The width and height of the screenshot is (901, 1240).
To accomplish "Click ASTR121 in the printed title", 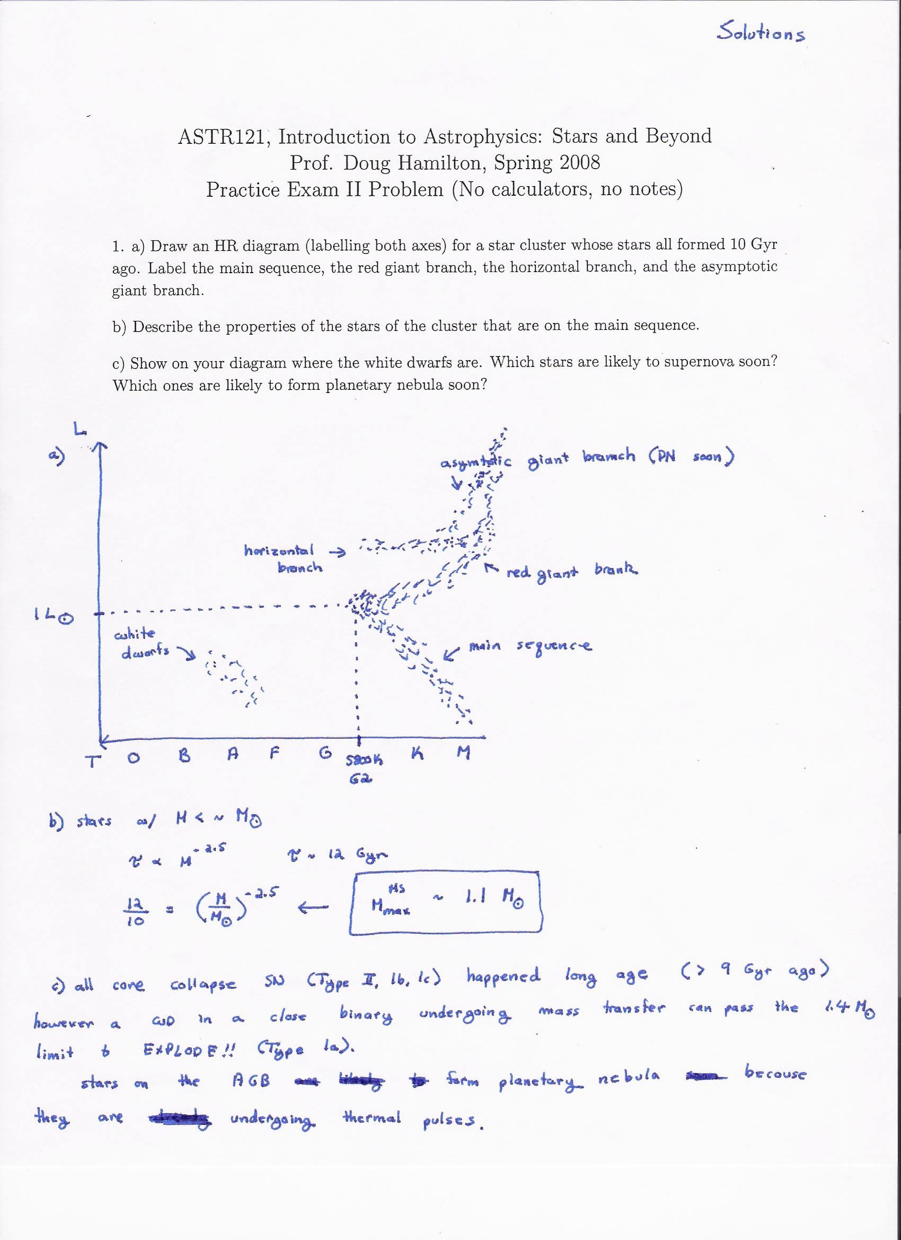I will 223,137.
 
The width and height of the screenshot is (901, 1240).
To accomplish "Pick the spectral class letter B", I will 184,756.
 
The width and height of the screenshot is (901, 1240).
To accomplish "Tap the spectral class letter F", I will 275,754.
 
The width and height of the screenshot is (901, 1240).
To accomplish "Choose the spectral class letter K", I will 418,754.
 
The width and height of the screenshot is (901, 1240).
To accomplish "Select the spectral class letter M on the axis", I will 463,754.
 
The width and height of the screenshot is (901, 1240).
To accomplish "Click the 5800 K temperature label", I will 364,760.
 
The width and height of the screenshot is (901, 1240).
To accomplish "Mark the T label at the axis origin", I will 93,761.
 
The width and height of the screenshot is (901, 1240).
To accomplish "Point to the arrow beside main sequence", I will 452,654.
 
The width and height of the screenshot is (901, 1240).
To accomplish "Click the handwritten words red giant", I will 542,573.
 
